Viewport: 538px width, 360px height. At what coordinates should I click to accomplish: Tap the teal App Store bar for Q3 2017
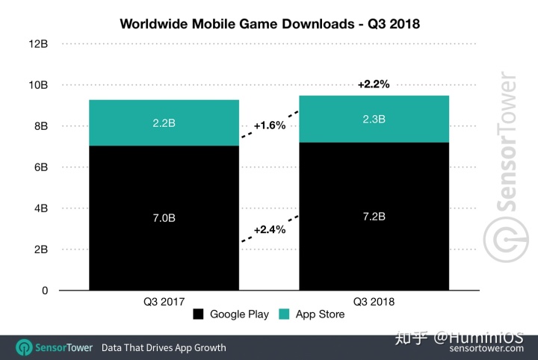click(164, 122)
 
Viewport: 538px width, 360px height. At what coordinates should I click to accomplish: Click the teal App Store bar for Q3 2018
click(374, 119)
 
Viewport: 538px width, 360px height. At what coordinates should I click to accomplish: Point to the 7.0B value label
click(164, 217)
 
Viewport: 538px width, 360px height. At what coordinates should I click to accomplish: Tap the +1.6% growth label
click(270, 125)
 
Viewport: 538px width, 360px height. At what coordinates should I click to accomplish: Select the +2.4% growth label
click(270, 229)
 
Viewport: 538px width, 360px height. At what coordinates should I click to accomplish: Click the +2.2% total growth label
click(374, 84)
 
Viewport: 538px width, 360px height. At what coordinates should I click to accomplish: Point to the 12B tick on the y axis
click(40, 44)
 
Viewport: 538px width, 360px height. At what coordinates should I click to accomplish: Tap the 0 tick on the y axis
click(44, 291)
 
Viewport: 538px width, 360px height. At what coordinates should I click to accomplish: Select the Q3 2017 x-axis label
click(164, 302)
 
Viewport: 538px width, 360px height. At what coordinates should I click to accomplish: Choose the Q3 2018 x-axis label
click(374, 302)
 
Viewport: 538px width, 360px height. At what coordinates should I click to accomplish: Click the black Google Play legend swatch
click(198, 314)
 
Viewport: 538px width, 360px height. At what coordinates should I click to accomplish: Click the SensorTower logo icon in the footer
click(25, 347)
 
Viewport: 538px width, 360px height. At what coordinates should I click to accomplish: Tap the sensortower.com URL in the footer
click(486, 348)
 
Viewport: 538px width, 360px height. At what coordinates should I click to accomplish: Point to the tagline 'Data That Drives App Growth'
click(164, 347)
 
